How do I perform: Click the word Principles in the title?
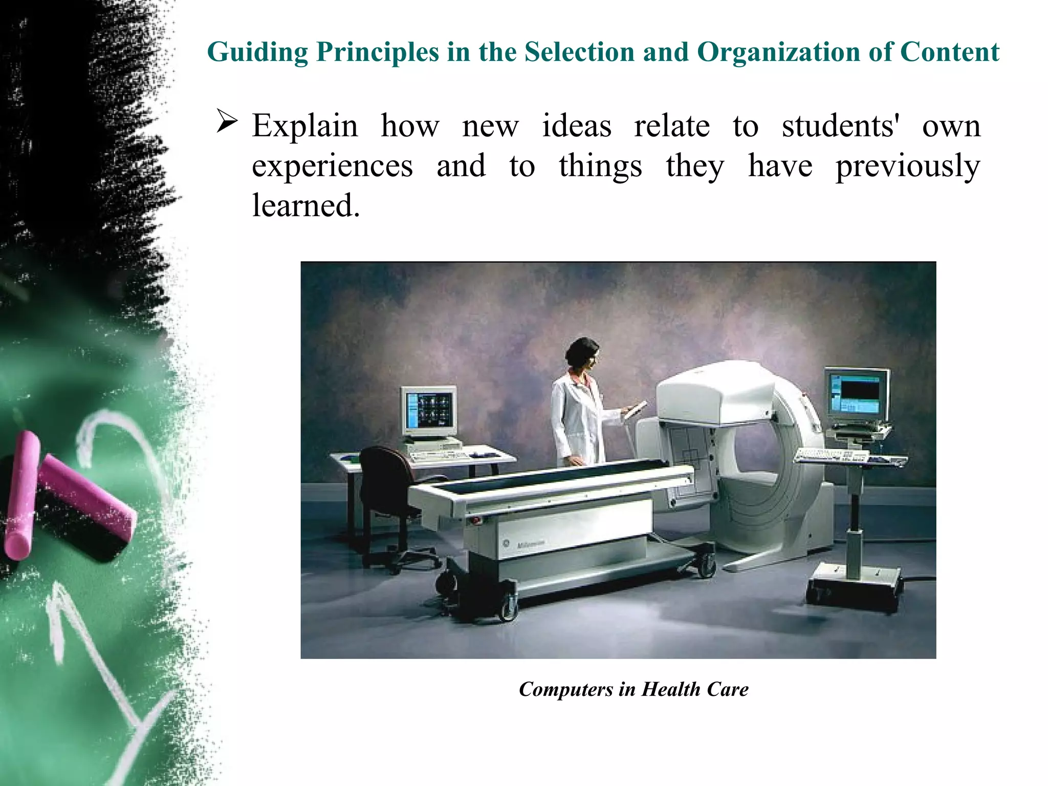(377, 52)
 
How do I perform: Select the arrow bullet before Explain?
(227, 121)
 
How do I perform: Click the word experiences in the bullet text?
(332, 166)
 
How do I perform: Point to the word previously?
(908, 166)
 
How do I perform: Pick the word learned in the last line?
(305, 206)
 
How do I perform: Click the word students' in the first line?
(841, 126)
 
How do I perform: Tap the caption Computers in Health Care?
(634, 689)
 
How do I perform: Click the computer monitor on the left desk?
(429, 411)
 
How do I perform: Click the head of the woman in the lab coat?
(583, 353)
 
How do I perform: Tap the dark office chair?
(389, 492)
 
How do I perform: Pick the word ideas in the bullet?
(576, 126)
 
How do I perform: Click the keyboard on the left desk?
(440, 455)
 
